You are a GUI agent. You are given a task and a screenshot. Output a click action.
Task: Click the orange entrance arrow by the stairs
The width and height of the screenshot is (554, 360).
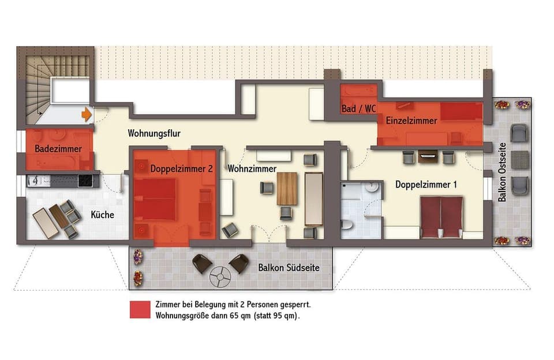point(87,114)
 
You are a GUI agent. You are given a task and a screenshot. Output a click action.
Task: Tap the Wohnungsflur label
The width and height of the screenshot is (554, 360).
point(154,133)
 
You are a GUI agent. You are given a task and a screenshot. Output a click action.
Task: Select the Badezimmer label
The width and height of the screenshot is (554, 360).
point(58,149)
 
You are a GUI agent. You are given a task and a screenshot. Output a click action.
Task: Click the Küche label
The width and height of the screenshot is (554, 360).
point(102,215)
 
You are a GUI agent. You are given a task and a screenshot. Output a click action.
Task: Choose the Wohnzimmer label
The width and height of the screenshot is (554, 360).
point(252,169)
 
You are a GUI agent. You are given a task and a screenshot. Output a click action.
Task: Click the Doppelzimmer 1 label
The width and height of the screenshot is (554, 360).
point(426,185)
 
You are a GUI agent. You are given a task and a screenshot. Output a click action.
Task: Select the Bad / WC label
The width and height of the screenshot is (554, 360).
point(355,108)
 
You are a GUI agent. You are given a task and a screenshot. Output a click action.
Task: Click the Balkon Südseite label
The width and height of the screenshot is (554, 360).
point(289,268)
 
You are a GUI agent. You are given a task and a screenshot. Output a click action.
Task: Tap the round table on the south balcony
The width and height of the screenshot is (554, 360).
point(220,277)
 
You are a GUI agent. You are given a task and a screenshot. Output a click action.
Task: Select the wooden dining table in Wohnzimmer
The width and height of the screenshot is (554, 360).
point(286,188)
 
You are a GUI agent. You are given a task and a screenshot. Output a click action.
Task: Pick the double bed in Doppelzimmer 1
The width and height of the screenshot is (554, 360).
point(441,217)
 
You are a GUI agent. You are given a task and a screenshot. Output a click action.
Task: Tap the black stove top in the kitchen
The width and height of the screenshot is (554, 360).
point(85,180)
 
